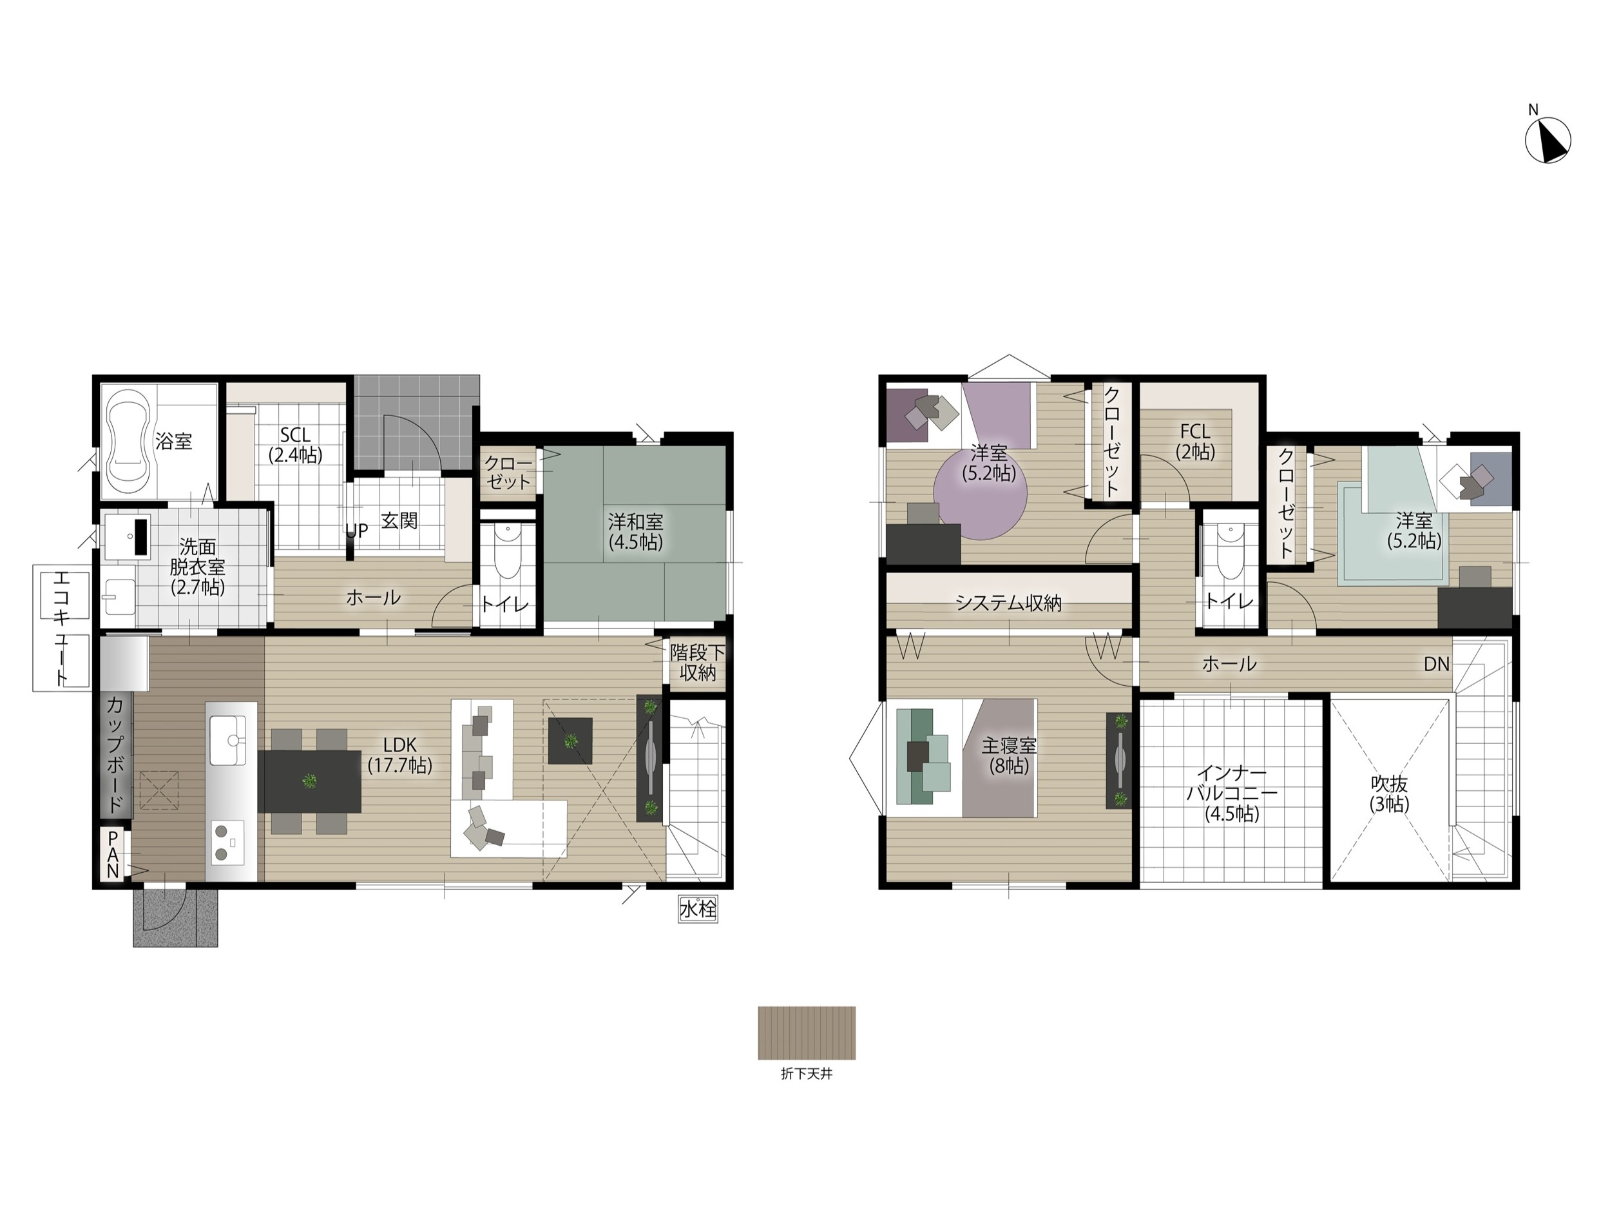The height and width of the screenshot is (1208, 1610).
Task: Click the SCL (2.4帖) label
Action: click(x=296, y=445)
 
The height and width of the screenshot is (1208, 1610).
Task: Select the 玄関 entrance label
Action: click(x=399, y=521)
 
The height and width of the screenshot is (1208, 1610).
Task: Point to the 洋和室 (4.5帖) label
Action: click(x=635, y=532)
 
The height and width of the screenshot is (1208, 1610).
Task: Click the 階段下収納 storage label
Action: click(x=697, y=662)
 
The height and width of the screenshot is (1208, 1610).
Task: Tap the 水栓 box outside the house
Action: click(x=698, y=909)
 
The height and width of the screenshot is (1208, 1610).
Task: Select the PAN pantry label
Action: click(x=113, y=854)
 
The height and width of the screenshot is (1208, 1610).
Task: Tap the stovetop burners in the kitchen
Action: click(x=228, y=841)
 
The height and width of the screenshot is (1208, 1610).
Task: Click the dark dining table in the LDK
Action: click(x=309, y=781)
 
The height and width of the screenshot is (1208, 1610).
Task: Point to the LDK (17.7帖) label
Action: click(x=399, y=755)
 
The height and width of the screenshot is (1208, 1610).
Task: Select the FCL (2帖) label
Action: click(x=1195, y=442)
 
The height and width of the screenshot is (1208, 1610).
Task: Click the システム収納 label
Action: click(x=1008, y=603)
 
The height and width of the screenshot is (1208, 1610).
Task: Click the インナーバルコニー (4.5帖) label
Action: click(x=1232, y=794)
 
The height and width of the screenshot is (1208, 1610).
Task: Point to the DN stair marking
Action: click(x=1437, y=664)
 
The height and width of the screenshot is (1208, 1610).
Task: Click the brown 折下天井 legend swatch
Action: click(x=807, y=1033)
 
